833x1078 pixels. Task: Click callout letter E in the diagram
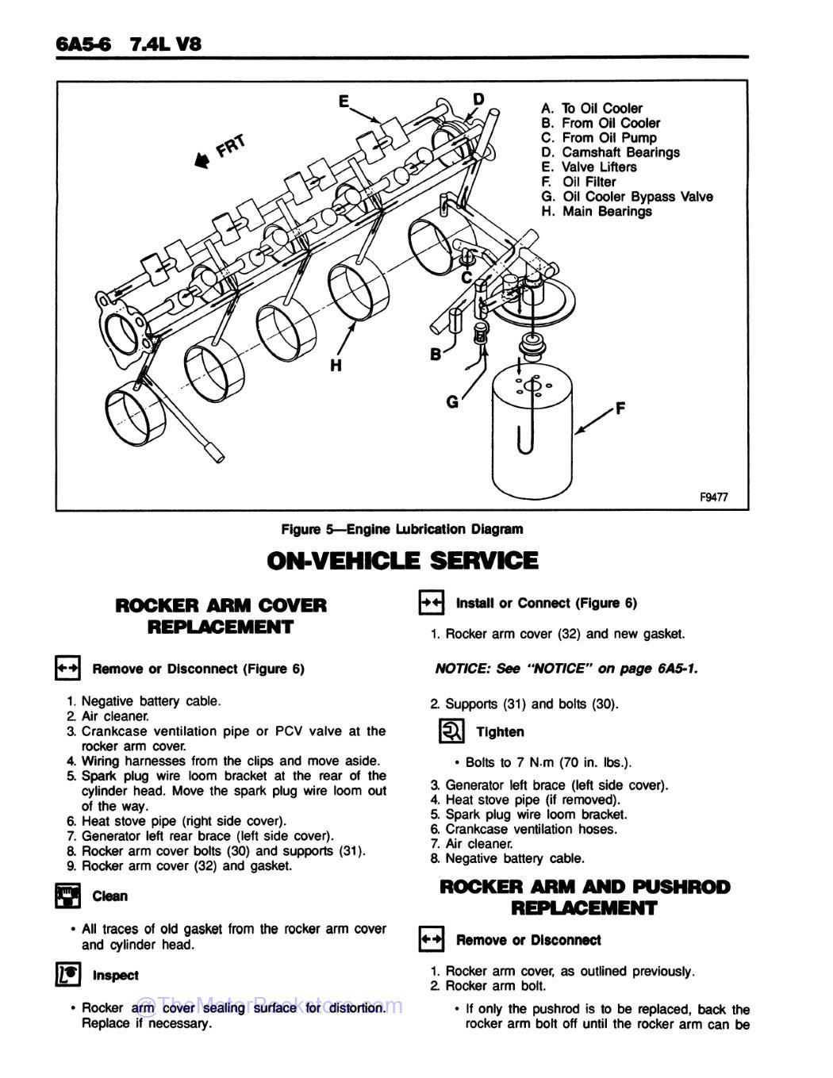pyautogui.click(x=344, y=102)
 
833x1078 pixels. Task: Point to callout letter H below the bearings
pyautogui.click(x=336, y=366)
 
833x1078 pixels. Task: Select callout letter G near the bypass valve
pyautogui.click(x=452, y=402)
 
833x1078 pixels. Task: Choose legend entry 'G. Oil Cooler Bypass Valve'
pyautogui.click(x=627, y=197)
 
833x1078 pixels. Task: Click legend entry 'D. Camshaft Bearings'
pyautogui.click(x=610, y=152)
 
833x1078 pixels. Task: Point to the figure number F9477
pyautogui.click(x=713, y=497)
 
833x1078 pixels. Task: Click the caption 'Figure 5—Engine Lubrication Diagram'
pyautogui.click(x=402, y=529)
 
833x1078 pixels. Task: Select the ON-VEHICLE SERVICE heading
pyautogui.click(x=402, y=561)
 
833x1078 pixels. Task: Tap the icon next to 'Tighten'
pyautogui.click(x=451, y=731)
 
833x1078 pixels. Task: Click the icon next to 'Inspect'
pyautogui.click(x=67, y=975)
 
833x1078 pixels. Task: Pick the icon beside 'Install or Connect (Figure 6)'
pyautogui.click(x=431, y=603)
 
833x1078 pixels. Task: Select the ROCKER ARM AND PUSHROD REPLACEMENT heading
pyautogui.click(x=584, y=897)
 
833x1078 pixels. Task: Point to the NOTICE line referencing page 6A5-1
pyautogui.click(x=566, y=669)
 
